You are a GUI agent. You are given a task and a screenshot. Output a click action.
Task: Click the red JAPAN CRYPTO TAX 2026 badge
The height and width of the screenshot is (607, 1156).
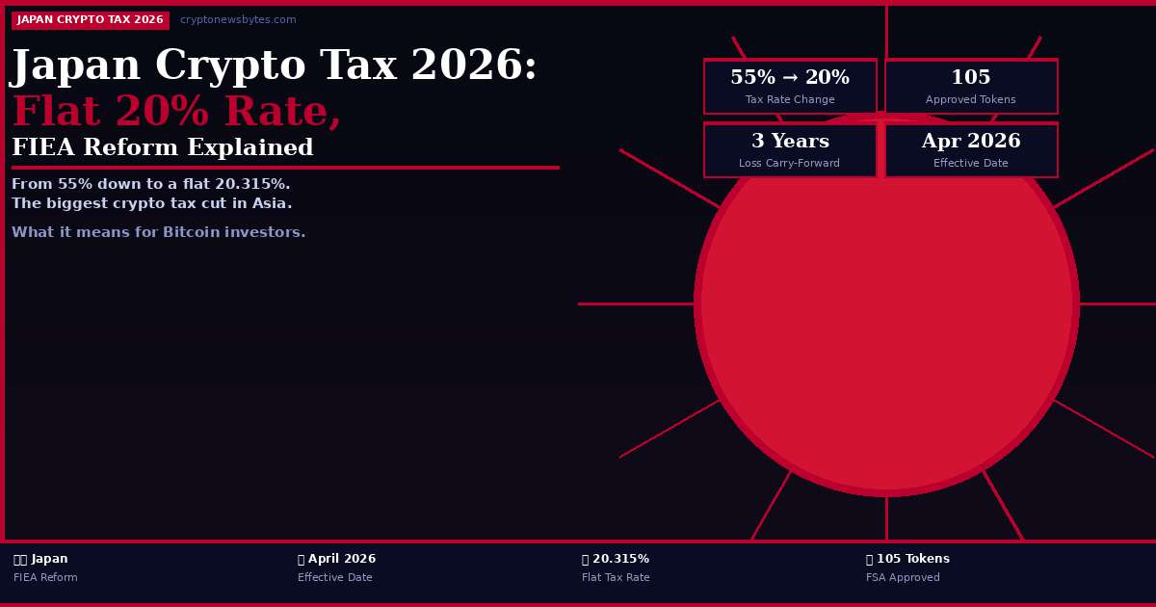tap(91, 20)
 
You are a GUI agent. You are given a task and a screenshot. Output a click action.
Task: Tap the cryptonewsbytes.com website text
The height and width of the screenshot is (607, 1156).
tap(238, 20)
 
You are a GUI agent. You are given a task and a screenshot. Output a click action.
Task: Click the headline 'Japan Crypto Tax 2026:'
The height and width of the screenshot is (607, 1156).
tap(274, 66)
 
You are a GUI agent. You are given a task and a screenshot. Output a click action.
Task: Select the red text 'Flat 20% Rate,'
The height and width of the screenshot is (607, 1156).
tap(176, 113)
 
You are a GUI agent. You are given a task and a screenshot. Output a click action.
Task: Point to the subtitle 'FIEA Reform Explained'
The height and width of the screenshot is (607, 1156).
tap(163, 148)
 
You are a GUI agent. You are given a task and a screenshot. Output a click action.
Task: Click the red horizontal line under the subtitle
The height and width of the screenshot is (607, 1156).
tap(285, 168)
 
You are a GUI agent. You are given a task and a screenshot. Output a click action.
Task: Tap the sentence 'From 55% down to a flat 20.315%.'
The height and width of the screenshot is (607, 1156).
tap(150, 184)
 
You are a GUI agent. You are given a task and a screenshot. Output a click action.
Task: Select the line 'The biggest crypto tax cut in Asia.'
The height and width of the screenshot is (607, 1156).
tap(151, 203)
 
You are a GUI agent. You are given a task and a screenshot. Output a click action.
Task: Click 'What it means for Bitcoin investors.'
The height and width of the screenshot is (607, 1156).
tap(158, 232)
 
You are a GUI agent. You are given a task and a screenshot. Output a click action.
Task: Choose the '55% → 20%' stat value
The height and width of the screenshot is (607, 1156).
tap(790, 78)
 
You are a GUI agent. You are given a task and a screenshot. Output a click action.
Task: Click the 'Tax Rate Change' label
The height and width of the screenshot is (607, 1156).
tap(790, 100)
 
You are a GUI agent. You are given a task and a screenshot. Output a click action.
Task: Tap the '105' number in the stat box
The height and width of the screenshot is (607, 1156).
tap(971, 78)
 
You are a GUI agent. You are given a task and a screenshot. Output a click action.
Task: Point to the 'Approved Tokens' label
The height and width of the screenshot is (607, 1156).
tap(971, 100)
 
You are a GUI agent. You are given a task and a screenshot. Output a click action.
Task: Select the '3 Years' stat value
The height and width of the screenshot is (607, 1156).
tap(790, 142)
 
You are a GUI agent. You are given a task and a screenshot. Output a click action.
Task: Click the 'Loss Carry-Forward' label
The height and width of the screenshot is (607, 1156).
tap(790, 164)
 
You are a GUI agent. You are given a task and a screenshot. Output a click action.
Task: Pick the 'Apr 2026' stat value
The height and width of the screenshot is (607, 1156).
tap(971, 142)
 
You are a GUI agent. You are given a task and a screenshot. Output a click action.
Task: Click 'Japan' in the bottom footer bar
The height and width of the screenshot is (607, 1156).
tap(49, 559)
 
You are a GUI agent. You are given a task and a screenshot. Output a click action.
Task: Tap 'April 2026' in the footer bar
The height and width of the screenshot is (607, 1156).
tap(342, 559)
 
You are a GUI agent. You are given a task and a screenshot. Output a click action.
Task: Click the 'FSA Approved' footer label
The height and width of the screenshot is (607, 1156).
tap(903, 578)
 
